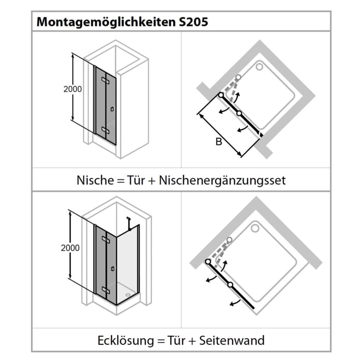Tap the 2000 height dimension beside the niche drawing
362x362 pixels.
(72, 89)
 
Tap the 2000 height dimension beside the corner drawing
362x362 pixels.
(70, 248)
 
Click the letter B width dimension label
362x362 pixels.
(219, 142)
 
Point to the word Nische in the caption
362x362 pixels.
(94, 180)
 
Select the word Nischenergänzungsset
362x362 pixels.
(222, 180)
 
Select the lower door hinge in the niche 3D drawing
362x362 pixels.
(105, 129)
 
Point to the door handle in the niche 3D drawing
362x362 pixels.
(112, 109)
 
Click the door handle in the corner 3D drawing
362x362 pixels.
(112, 268)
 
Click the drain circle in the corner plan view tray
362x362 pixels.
(255, 226)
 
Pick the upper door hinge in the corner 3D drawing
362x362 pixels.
(105, 240)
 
